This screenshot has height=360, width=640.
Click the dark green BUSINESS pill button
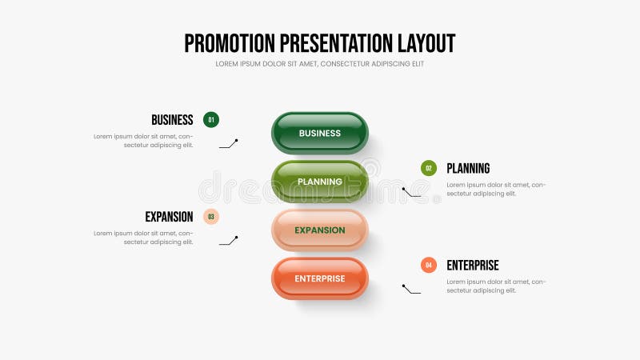[320, 133]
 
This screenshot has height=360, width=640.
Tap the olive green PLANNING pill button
[320, 182]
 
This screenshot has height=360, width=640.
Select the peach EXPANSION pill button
[320, 230]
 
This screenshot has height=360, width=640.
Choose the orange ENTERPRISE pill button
[320, 278]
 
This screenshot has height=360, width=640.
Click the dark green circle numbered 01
[211, 120]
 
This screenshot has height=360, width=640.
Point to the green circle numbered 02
[429, 168]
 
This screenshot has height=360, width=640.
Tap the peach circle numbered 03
[211, 216]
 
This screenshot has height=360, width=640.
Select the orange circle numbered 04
[429, 265]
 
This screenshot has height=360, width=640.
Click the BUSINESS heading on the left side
[172, 120]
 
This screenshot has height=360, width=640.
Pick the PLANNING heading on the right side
[468, 169]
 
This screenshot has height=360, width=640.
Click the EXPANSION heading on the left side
[169, 217]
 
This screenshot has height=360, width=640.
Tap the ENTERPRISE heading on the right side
[472, 266]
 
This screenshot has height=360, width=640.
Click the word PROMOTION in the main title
[229, 43]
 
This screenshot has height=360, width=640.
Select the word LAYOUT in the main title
[426, 43]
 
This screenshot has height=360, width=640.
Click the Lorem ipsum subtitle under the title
[320, 64]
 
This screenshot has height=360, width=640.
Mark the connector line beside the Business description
[229, 144]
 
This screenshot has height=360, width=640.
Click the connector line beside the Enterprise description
[411, 289]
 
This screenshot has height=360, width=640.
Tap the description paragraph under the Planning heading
[496, 189]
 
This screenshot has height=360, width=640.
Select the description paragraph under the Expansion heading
[144, 238]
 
